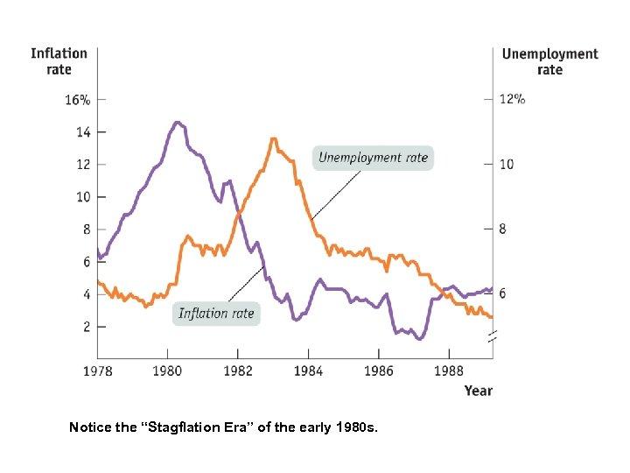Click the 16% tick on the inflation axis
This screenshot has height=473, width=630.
(x=77, y=100)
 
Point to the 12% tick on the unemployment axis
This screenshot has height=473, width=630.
(x=512, y=100)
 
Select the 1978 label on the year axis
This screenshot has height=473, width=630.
(x=97, y=371)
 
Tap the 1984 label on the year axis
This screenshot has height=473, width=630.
(x=308, y=371)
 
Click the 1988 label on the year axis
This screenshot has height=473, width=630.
(x=449, y=371)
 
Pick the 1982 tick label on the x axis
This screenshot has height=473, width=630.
(x=238, y=371)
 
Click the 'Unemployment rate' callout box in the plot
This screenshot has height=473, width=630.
(x=373, y=158)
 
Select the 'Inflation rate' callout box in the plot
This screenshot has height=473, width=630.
(x=216, y=313)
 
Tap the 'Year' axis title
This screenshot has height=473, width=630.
(x=478, y=391)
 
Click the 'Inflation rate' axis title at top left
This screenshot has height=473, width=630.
(x=59, y=61)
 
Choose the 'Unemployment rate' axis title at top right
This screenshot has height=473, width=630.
(x=549, y=61)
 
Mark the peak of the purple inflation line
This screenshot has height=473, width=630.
(x=178, y=123)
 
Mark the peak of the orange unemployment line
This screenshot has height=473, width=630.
(x=274, y=138)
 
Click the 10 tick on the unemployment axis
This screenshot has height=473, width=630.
(x=506, y=165)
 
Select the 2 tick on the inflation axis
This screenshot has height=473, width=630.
(x=86, y=327)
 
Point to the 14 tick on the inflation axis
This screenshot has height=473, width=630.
(x=82, y=132)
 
